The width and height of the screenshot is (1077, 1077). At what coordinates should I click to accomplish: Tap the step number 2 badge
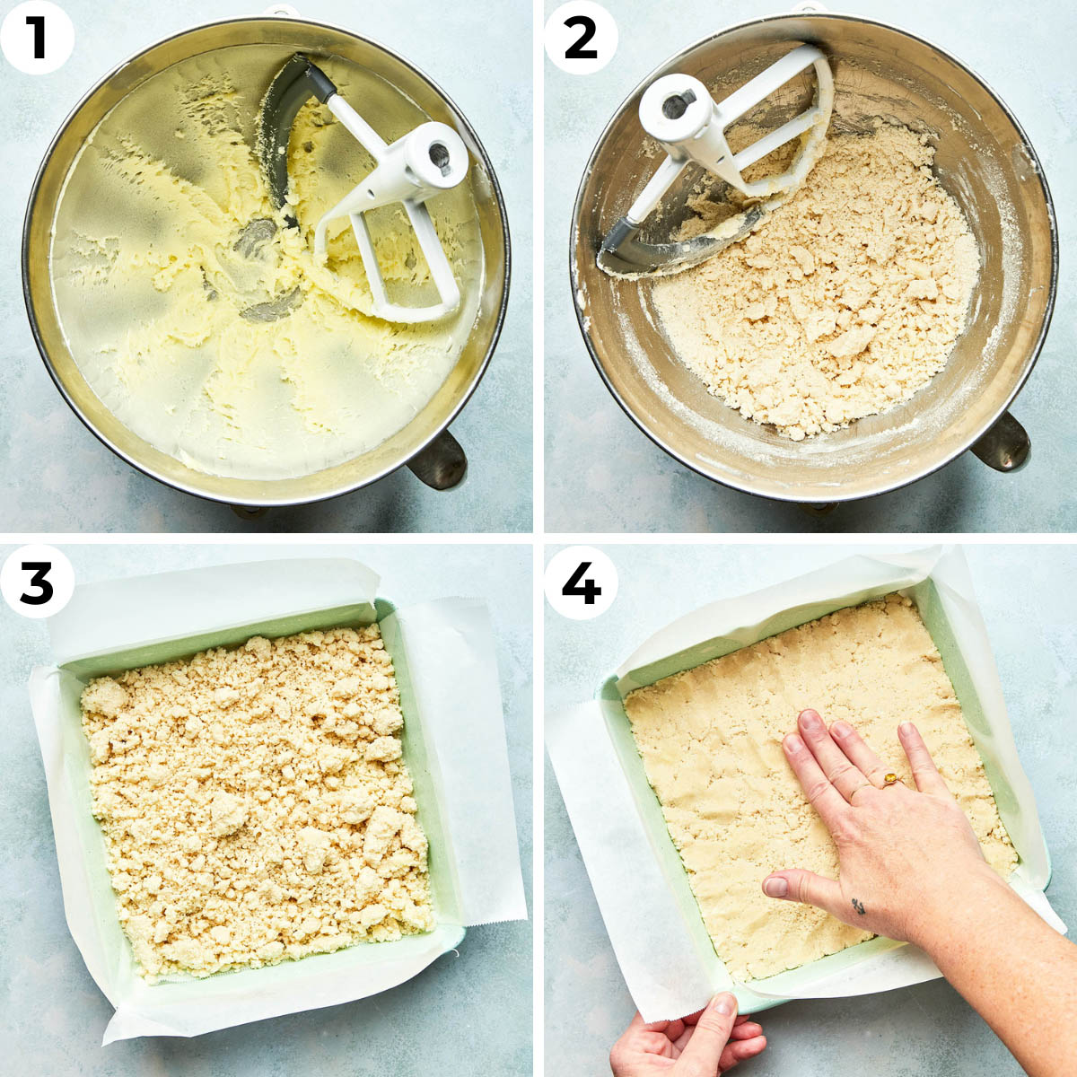pos(582,37)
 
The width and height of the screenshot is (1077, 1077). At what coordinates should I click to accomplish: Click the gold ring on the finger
pos(889,778)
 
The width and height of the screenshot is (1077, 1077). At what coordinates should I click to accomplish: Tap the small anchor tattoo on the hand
pos(858,906)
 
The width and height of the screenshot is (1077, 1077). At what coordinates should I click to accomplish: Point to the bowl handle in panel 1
pos(439,460)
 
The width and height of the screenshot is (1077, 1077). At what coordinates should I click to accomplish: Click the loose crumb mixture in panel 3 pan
pos(257,802)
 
